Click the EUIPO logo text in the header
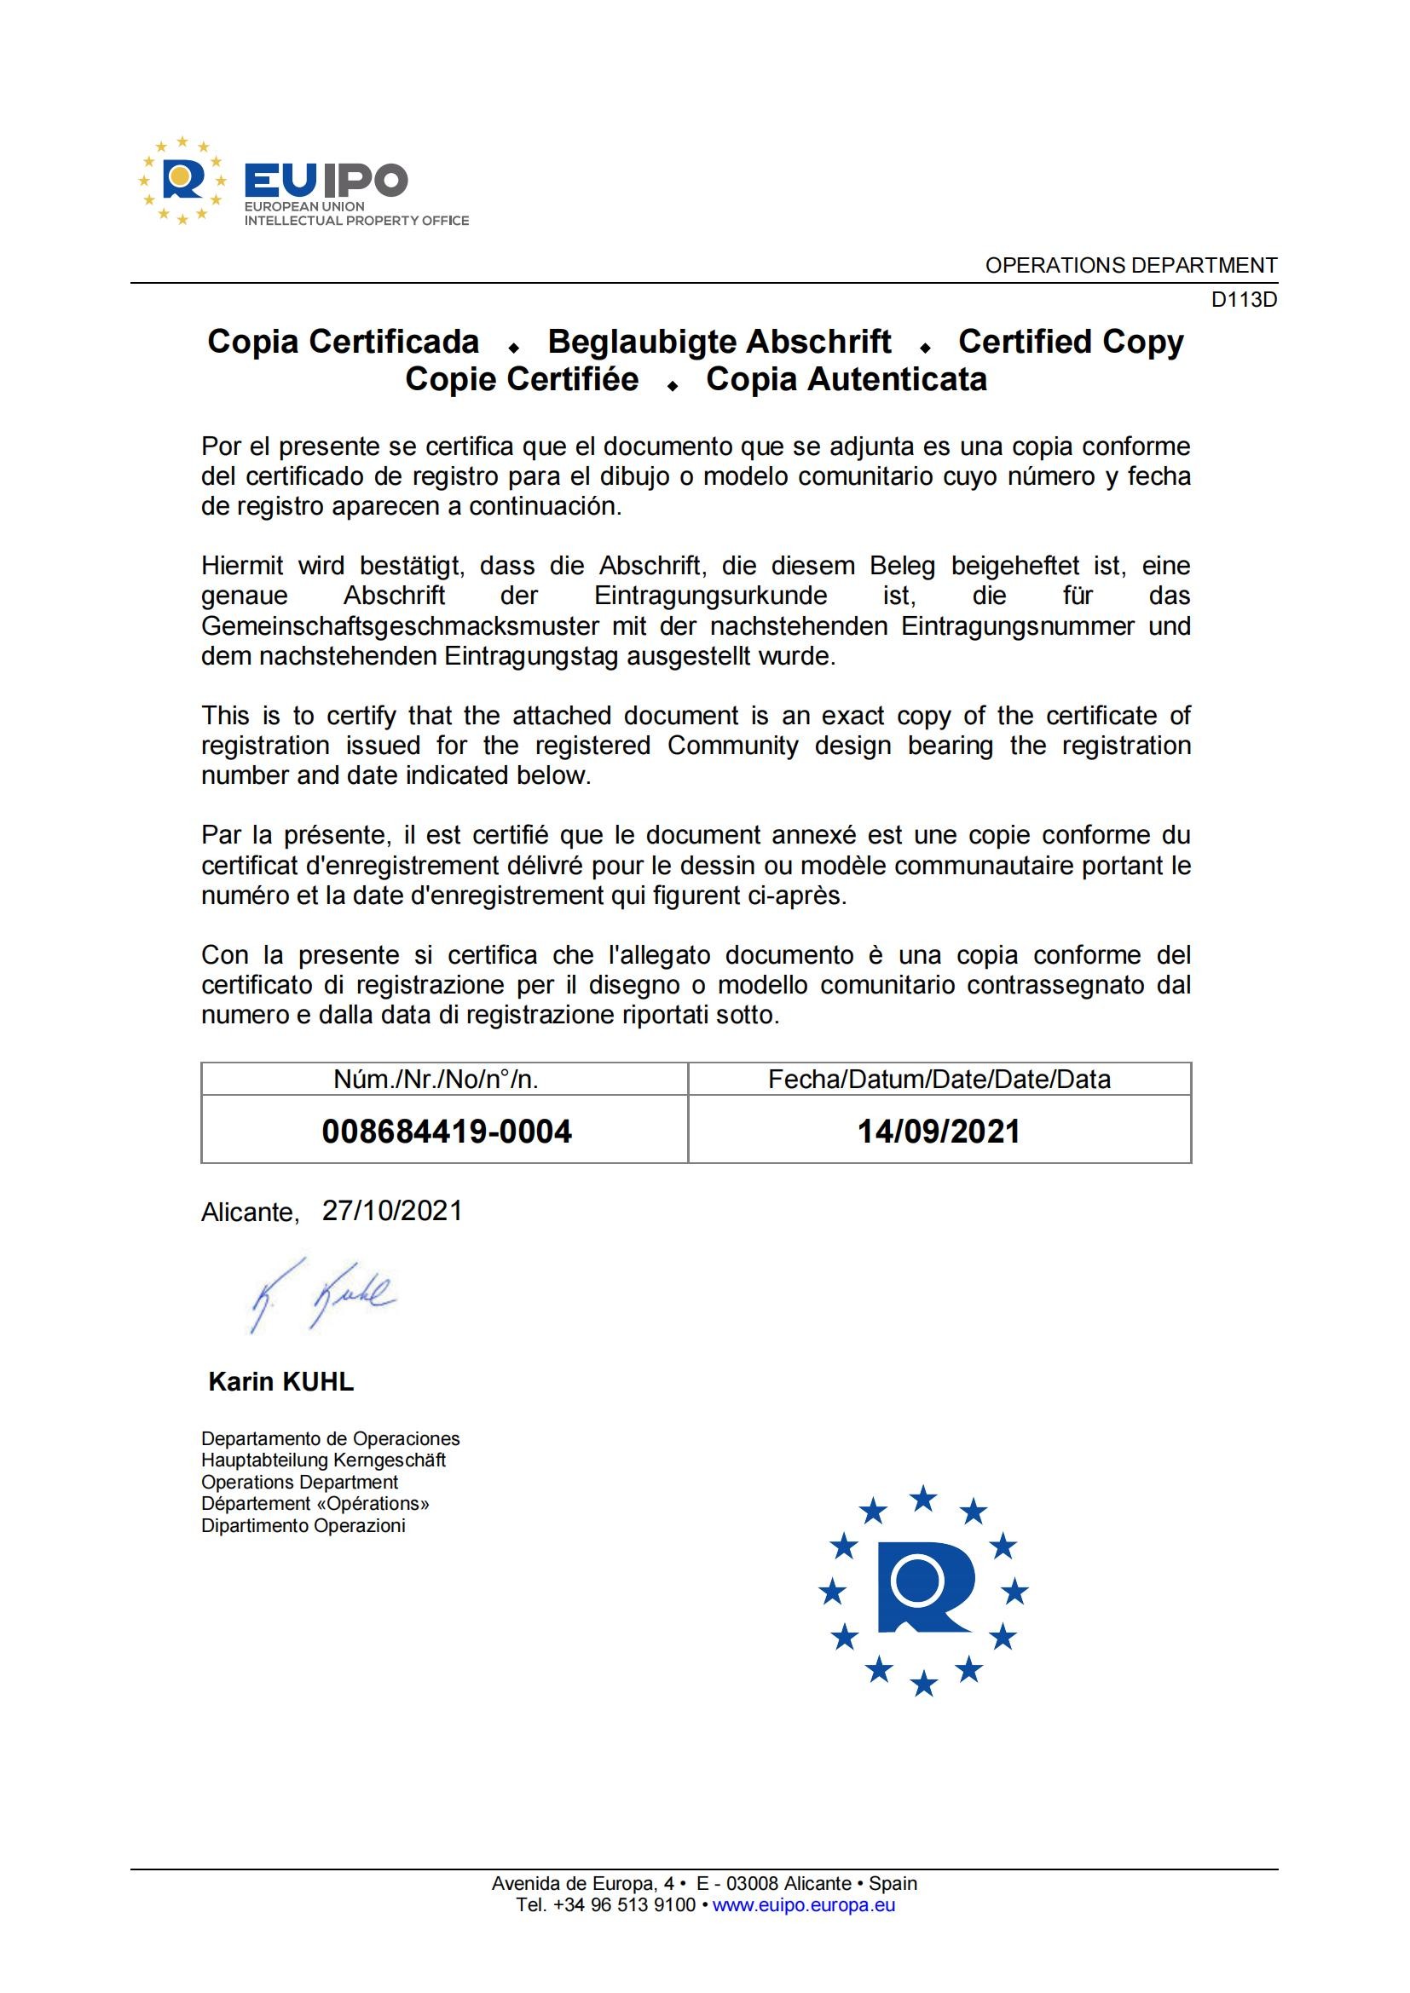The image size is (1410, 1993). click(x=326, y=181)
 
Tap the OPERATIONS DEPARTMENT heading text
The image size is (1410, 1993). click(x=1130, y=266)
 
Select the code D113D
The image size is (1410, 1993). click(x=1243, y=300)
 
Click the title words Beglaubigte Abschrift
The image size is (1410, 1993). click(x=719, y=342)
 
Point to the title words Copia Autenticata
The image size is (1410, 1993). click(x=846, y=380)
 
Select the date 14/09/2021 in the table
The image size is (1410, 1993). click(x=939, y=1131)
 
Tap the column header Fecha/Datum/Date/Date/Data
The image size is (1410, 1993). click(x=939, y=1079)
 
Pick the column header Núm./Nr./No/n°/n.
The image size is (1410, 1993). click(x=436, y=1079)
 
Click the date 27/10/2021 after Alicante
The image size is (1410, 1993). click(x=392, y=1211)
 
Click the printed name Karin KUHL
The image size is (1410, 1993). click(x=281, y=1382)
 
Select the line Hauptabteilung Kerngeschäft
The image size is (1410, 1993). click(x=323, y=1461)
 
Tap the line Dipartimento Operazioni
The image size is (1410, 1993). click(x=303, y=1526)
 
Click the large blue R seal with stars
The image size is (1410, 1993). click(x=924, y=1590)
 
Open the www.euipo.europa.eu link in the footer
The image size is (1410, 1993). click(x=803, y=1905)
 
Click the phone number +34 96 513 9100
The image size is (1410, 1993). click(x=623, y=1905)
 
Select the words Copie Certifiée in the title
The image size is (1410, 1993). click(x=522, y=380)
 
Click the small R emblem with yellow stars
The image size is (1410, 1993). click(x=182, y=181)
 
